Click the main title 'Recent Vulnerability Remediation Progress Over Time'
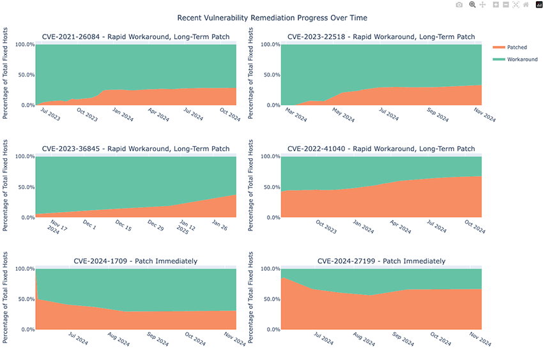coord(271,17)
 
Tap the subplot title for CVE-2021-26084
coord(135,37)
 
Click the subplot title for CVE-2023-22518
coord(381,37)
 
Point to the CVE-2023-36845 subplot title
coord(135,149)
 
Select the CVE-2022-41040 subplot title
coord(381,149)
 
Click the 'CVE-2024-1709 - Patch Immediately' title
coord(135,261)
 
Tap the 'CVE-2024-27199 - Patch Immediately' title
coord(381,261)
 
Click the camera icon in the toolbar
coord(459,5)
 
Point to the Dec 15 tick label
coord(123,227)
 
